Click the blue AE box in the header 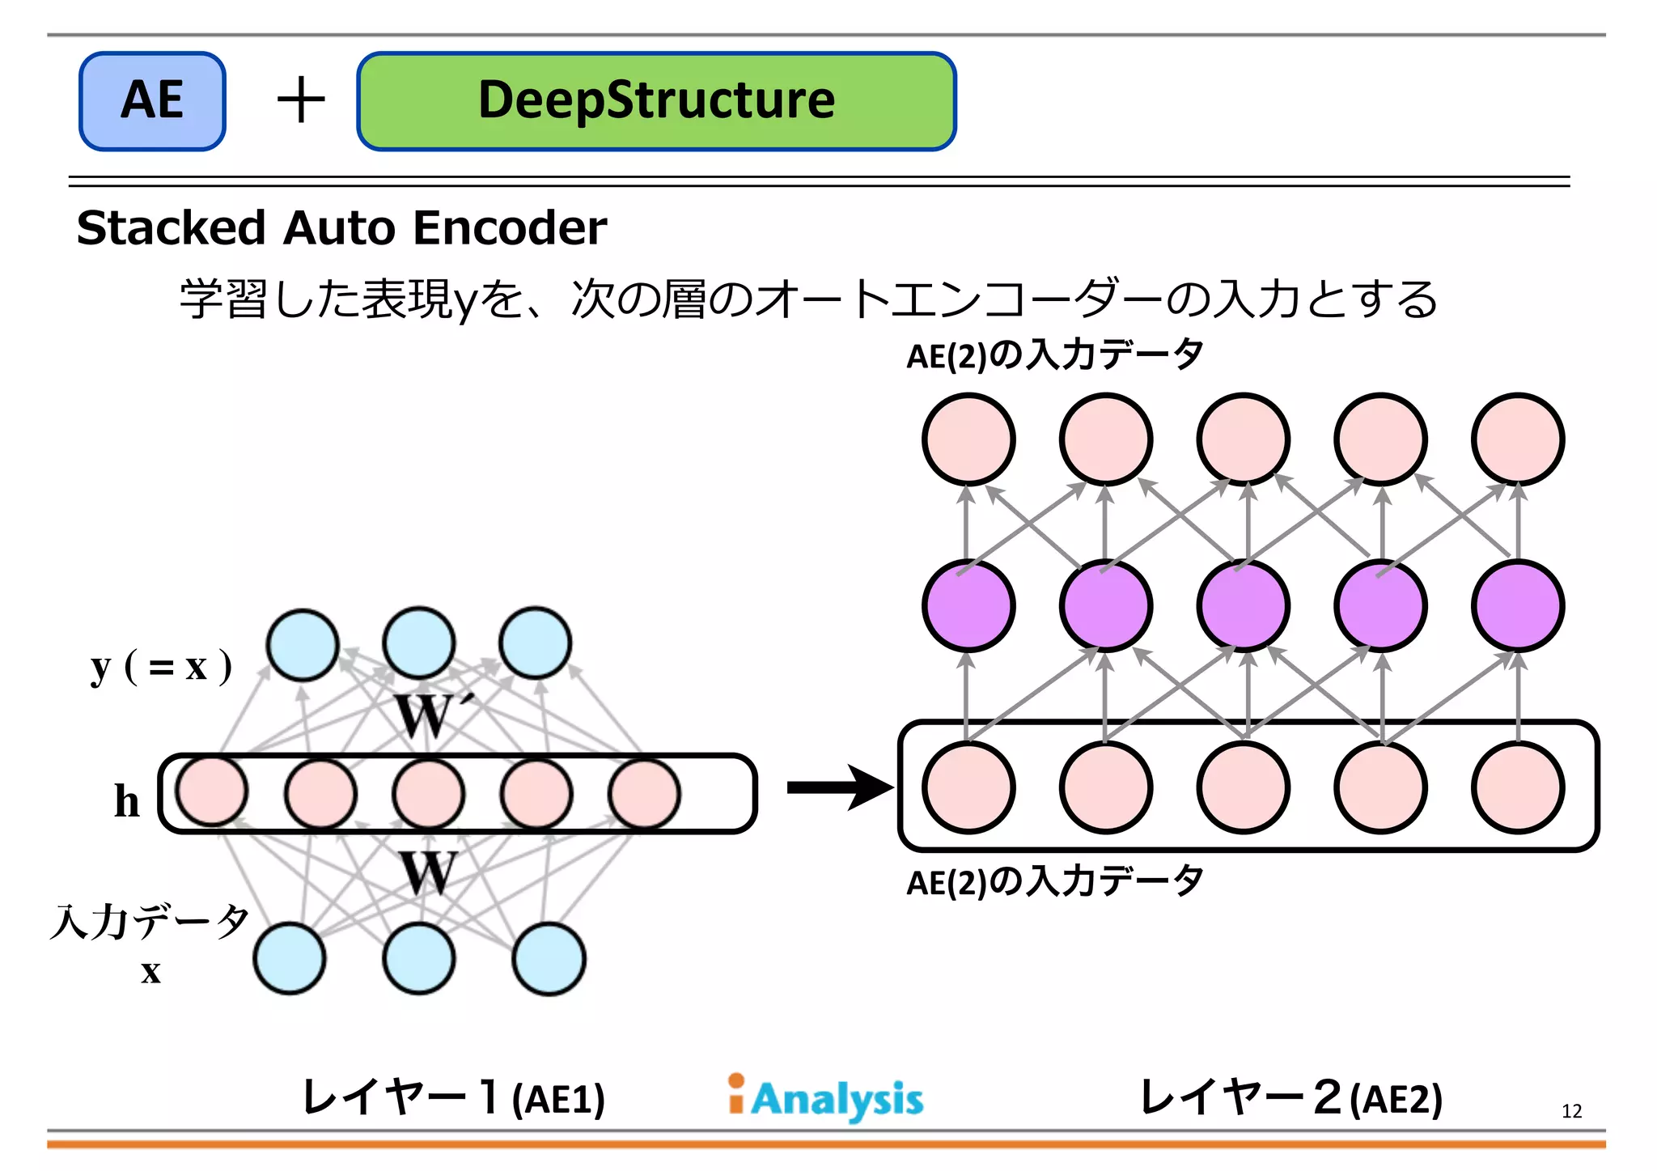(x=152, y=101)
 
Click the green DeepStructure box (x=656, y=101)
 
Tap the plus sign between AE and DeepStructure (x=301, y=100)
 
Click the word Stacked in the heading (x=171, y=227)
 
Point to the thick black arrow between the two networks (x=840, y=787)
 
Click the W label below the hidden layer (x=428, y=873)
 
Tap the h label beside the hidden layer (x=127, y=801)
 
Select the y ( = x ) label (x=161, y=668)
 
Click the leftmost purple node (x=968, y=606)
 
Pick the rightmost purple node (x=1518, y=606)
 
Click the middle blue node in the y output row (x=419, y=643)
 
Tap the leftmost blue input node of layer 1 (x=290, y=959)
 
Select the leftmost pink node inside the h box (x=212, y=791)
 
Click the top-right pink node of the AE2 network (x=1518, y=439)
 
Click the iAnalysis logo (x=825, y=1098)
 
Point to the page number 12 (x=1571, y=1111)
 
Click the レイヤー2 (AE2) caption (x=1290, y=1098)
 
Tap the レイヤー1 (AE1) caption (x=453, y=1098)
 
